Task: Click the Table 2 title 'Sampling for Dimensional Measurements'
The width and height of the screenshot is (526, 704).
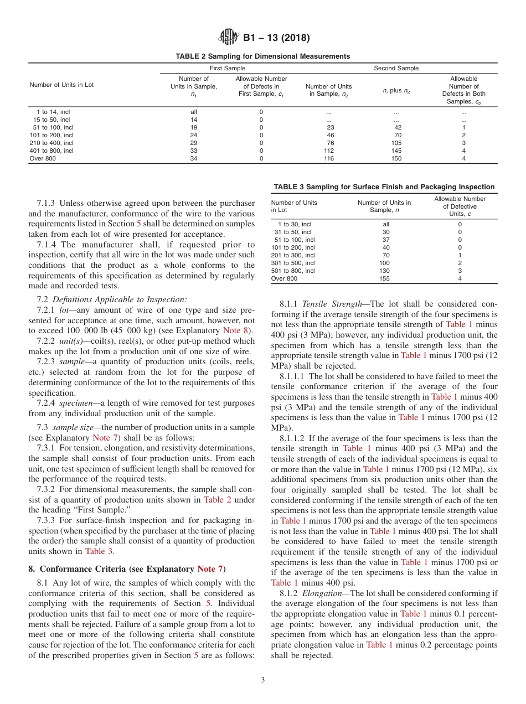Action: tap(262, 56)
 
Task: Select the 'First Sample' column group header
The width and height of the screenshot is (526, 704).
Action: tap(227, 68)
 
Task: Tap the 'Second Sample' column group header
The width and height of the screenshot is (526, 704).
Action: tap(396, 68)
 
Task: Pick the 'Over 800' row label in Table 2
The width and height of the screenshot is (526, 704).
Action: tap(43, 158)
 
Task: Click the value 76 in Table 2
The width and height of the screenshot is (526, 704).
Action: tap(331, 143)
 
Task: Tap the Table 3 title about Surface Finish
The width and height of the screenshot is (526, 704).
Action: tap(384, 187)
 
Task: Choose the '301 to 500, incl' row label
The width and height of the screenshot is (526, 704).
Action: tap(293, 263)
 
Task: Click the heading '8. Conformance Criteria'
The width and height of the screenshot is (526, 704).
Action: tap(127, 569)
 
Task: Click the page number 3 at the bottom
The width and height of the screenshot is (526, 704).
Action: tap(262, 680)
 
